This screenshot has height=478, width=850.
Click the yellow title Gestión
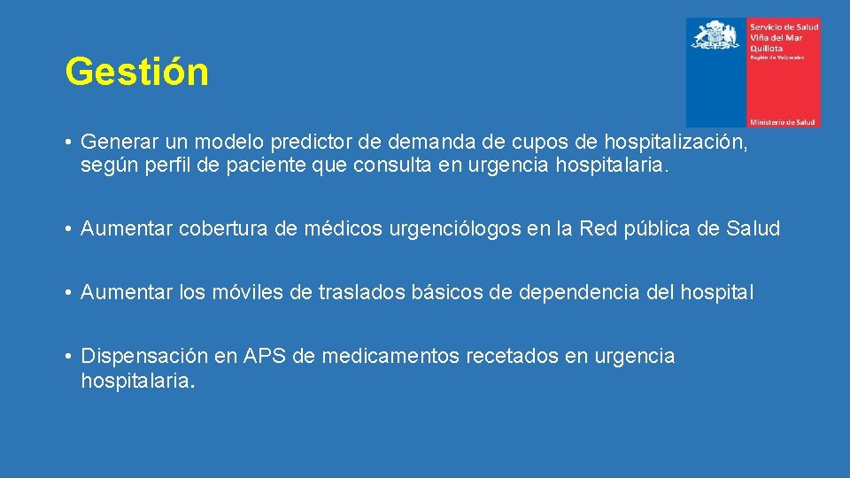pyautogui.click(x=137, y=72)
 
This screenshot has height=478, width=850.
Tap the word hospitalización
pyautogui.click(x=675, y=143)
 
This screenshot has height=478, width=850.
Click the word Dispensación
pyautogui.click(x=144, y=357)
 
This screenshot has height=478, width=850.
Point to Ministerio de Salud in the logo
pyautogui.click(x=783, y=120)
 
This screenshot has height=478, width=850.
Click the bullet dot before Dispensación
pyautogui.click(x=68, y=358)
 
